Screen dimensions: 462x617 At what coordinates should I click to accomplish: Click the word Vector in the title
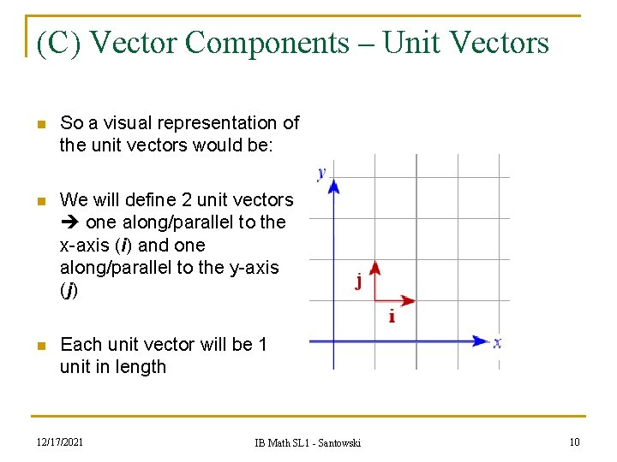tap(137, 42)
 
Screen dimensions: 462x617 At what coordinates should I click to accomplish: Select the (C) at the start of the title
tap(59, 42)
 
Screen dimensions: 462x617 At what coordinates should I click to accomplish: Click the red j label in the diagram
tap(358, 281)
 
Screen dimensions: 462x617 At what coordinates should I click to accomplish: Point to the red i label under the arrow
tap(392, 317)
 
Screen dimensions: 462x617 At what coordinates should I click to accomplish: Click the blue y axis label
tap(321, 173)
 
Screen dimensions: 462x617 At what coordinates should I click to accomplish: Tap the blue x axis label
tap(497, 341)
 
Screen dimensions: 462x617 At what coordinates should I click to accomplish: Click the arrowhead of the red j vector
tap(374, 267)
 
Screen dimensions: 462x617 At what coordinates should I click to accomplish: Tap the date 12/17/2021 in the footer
tap(60, 441)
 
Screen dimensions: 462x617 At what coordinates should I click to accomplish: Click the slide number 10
tap(574, 441)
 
